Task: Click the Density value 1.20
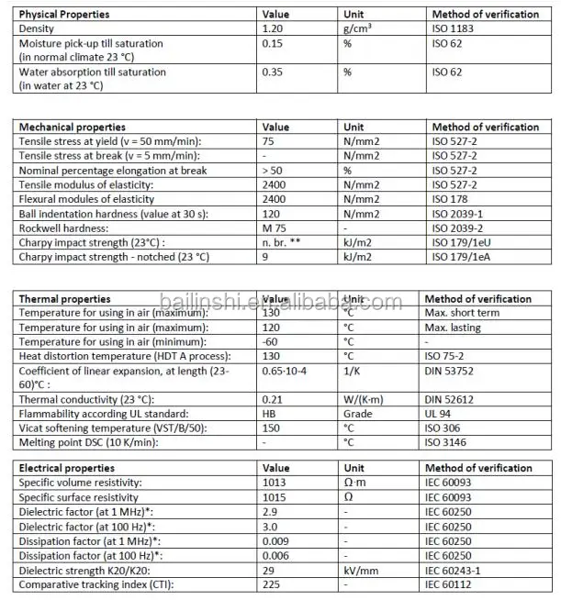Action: [275, 29]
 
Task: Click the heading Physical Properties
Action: [64, 15]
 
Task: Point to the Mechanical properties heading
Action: [73, 127]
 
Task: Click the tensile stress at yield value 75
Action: [269, 141]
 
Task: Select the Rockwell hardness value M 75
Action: [275, 228]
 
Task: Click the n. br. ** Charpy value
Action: [283, 242]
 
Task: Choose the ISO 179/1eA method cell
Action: [462, 257]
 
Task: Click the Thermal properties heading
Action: [65, 299]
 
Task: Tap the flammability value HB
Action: [270, 415]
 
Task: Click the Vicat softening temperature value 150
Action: [272, 428]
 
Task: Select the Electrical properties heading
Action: [67, 468]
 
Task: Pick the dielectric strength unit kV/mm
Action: [362, 571]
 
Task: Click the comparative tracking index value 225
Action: [272, 584]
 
